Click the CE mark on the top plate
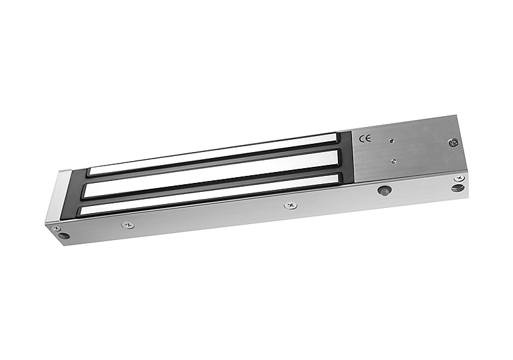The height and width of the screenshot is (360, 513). (x=365, y=139)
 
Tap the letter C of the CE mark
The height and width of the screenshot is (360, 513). (x=362, y=139)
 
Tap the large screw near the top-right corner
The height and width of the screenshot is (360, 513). (x=453, y=142)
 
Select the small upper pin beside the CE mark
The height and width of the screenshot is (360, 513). (x=392, y=141)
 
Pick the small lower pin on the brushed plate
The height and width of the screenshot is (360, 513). (x=394, y=160)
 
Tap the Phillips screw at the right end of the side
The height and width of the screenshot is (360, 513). (x=459, y=178)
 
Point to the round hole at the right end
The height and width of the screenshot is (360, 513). (x=457, y=188)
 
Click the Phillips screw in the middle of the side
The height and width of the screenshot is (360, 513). (x=290, y=205)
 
